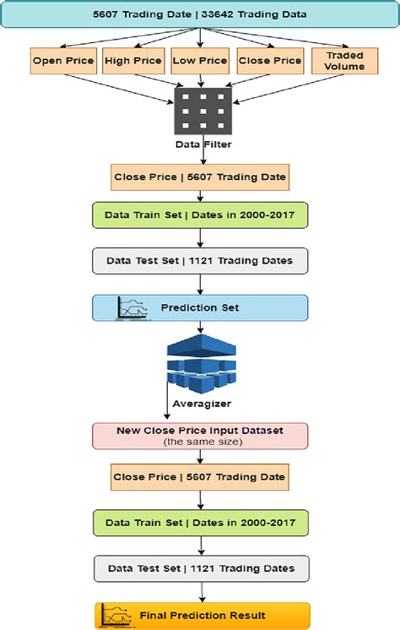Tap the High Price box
click(132, 61)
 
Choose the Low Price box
click(199, 61)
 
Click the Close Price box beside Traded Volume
click(269, 61)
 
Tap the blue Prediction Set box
click(200, 308)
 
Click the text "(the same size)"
click(200, 442)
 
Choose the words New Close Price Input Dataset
click(200, 430)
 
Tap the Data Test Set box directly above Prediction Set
click(200, 261)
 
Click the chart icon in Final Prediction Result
click(114, 615)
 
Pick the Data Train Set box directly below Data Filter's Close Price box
click(200, 215)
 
